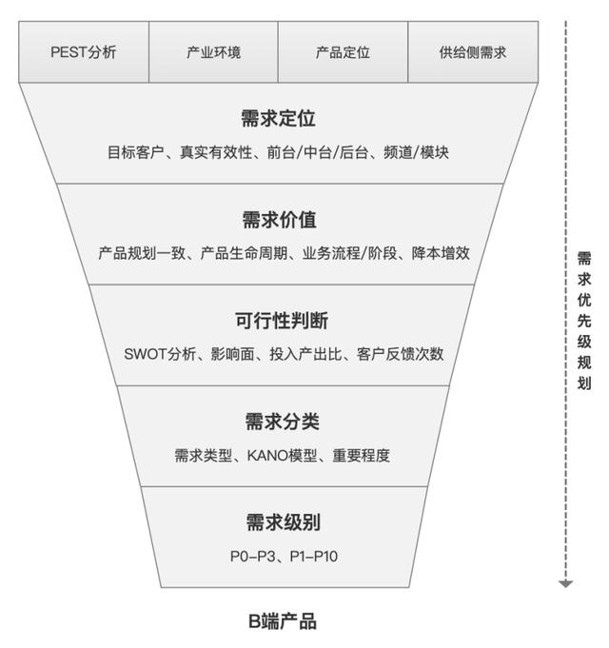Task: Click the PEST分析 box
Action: click(84, 52)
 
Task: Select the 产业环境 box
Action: click(213, 52)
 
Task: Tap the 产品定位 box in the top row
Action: click(343, 52)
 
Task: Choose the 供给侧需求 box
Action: click(473, 52)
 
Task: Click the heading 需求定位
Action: click(279, 118)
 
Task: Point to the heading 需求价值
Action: click(280, 220)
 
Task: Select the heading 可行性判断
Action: click(282, 321)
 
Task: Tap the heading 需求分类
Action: click(283, 422)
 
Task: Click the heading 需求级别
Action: click(284, 522)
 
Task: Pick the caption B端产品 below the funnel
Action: click(283, 621)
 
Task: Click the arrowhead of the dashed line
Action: click(565, 583)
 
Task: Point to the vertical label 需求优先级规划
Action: click(584, 321)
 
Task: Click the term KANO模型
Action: click(283, 456)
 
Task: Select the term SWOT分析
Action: click(160, 354)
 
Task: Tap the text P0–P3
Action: click(252, 557)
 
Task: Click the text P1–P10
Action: click(314, 557)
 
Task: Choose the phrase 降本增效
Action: click(441, 253)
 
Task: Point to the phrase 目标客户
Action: click(136, 152)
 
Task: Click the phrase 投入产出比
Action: click(305, 354)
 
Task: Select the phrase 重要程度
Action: click(361, 456)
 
